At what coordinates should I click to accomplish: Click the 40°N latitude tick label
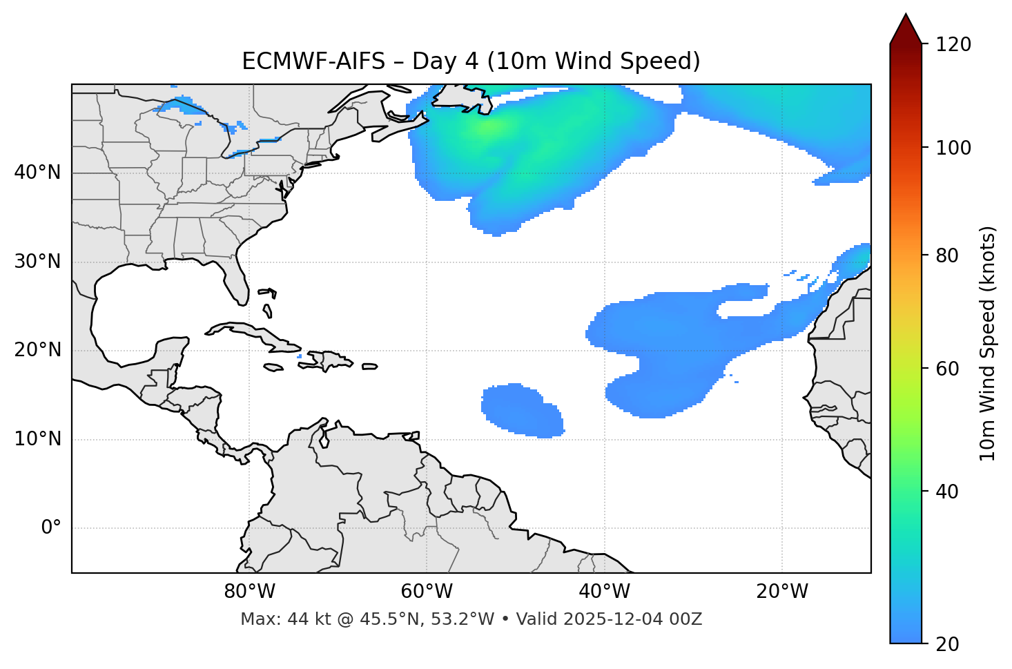[x=37, y=173]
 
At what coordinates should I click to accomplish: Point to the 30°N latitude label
[x=37, y=262]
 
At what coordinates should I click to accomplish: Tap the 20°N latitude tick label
[x=37, y=350]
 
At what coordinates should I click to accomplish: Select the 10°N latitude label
[x=37, y=439]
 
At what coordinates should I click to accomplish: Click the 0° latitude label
[x=51, y=528]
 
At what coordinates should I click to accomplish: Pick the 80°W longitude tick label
[x=249, y=592]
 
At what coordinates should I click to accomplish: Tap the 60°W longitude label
[x=427, y=592]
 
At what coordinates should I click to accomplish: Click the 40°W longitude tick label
[x=604, y=592]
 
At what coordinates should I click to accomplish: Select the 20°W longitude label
[x=782, y=592]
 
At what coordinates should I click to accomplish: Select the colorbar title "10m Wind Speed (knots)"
[x=988, y=343]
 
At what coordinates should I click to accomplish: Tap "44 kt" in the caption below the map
[x=304, y=619]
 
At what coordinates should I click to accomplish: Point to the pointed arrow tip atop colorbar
[x=906, y=17]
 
